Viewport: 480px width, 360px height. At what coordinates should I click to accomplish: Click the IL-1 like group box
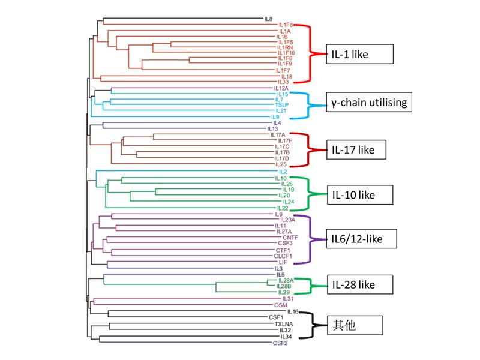point(359,54)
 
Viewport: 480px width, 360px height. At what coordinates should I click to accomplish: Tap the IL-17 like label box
point(359,149)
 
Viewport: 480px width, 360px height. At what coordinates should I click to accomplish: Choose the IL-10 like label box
point(359,194)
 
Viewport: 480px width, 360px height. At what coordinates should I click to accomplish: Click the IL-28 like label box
point(359,283)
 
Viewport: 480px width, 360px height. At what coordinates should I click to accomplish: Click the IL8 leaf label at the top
point(269,19)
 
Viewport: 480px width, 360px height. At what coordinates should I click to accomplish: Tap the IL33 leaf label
point(284,82)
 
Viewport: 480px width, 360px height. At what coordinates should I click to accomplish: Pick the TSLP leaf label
point(283,105)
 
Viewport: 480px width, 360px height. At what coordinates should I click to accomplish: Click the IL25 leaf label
point(281,164)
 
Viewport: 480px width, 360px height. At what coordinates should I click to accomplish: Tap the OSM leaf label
point(281,305)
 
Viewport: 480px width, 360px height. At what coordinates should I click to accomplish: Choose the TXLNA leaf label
point(283,324)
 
